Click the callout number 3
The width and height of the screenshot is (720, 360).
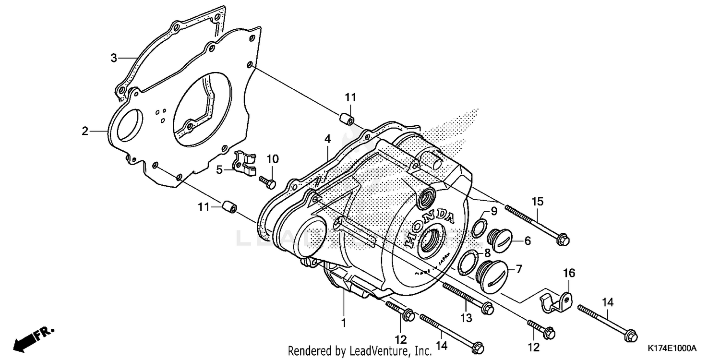(x=114, y=59)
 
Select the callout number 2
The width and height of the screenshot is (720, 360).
(x=85, y=131)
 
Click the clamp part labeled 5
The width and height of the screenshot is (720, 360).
(x=245, y=164)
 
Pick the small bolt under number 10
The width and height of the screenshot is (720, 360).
(x=267, y=181)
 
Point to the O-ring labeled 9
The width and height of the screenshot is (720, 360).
(x=478, y=228)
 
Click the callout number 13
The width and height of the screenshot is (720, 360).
(x=466, y=318)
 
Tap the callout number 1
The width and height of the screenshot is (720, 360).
(x=343, y=324)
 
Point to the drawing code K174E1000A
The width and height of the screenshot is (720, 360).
(x=672, y=348)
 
